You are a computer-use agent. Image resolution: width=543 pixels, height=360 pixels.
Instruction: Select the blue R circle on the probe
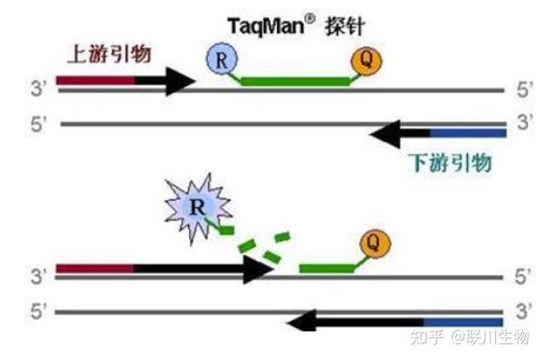click(x=223, y=62)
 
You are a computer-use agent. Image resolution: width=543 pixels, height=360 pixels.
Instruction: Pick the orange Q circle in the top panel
click(x=367, y=61)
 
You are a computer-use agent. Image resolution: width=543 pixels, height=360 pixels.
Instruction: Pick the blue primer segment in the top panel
click(x=467, y=135)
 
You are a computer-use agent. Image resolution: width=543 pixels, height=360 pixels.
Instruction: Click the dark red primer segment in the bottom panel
click(x=95, y=269)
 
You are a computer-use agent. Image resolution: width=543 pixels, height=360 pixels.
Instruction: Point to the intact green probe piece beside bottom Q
click(x=331, y=268)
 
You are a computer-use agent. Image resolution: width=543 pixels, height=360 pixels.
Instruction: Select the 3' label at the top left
click(x=39, y=89)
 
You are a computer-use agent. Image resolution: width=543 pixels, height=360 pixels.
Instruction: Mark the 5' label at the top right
click(x=522, y=90)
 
